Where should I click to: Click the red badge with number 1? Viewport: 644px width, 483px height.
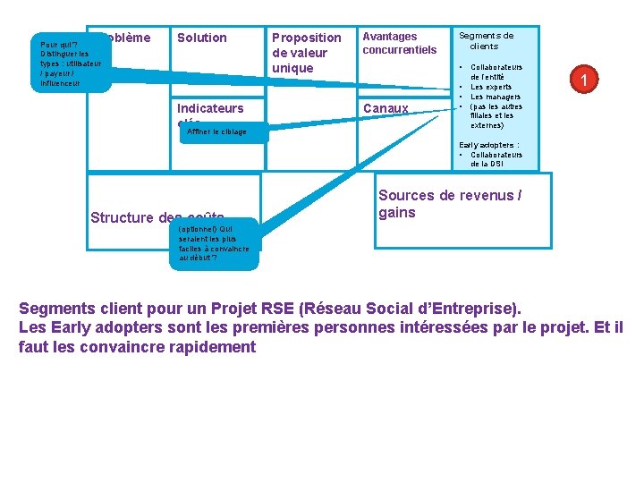(583, 81)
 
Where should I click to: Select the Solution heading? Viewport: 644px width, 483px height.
(202, 38)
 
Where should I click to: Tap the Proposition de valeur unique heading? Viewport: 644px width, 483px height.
(306, 53)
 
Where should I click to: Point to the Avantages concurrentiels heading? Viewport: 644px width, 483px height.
(399, 43)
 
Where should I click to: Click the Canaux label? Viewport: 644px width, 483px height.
(385, 108)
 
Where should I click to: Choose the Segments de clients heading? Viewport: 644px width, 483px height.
(486, 41)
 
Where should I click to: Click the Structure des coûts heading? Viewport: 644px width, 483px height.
(157, 216)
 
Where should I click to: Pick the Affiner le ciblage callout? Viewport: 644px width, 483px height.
(216, 132)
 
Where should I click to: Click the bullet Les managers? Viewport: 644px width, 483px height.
(496, 97)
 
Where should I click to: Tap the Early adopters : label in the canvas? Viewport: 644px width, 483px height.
(489, 144)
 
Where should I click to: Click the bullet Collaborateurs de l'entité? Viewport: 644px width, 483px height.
(496, 72)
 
